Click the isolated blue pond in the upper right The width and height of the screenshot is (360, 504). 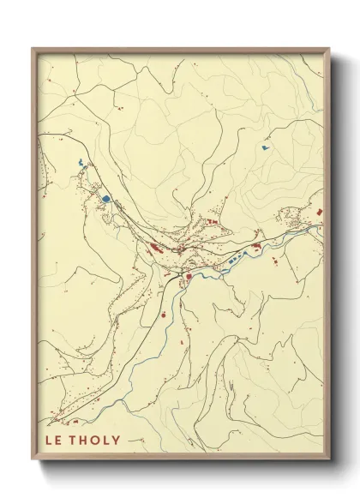[x=266, y=147]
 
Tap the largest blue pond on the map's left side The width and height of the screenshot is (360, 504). [x=105, y=199]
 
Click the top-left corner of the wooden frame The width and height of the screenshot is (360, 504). [x=33, y=49]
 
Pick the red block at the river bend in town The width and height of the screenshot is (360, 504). [x=187, y=275]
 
